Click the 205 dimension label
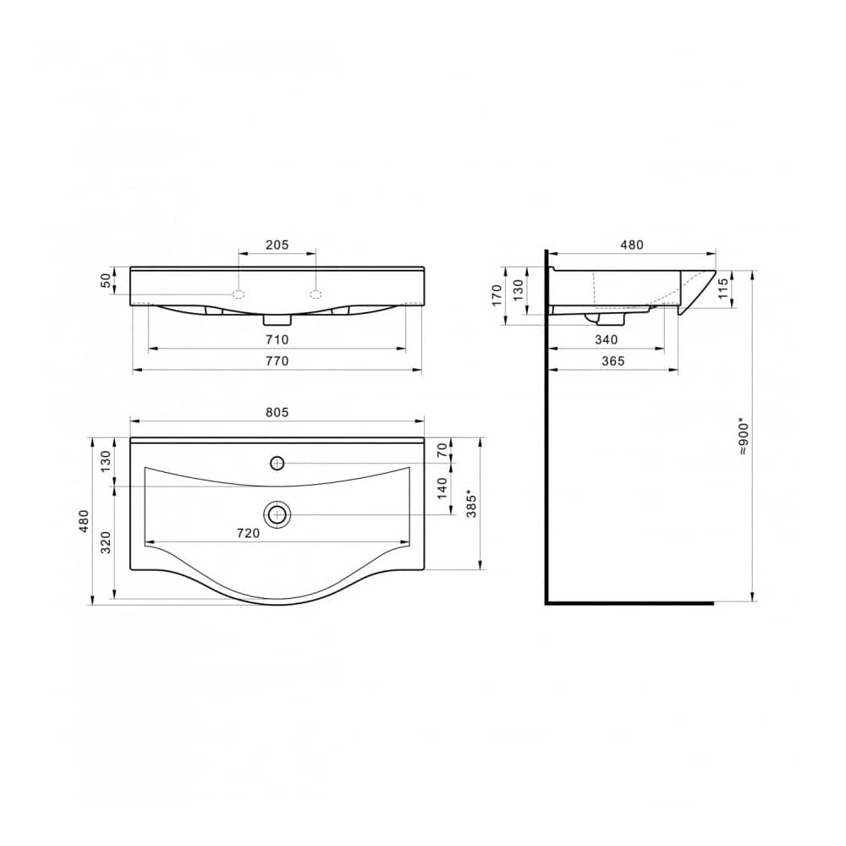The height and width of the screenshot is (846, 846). (277, 244)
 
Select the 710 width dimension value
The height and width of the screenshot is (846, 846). (277, 340)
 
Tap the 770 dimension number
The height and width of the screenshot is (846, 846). (277, 360)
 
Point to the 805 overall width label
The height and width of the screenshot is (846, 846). (277, 412)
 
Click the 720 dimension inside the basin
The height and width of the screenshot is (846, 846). (248, 533)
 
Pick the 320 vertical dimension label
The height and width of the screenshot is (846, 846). (106, 542)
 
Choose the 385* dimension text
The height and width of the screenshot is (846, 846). (471, 504)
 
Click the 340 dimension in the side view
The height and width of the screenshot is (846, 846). (606, 340)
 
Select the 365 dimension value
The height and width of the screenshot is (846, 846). (613, 360)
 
